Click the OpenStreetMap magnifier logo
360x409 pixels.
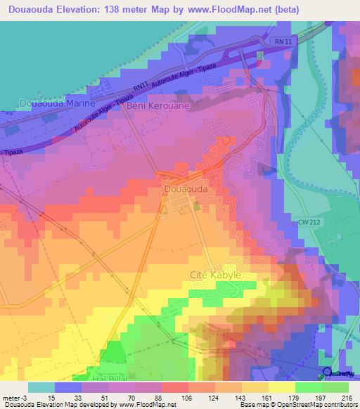(328, 372)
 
